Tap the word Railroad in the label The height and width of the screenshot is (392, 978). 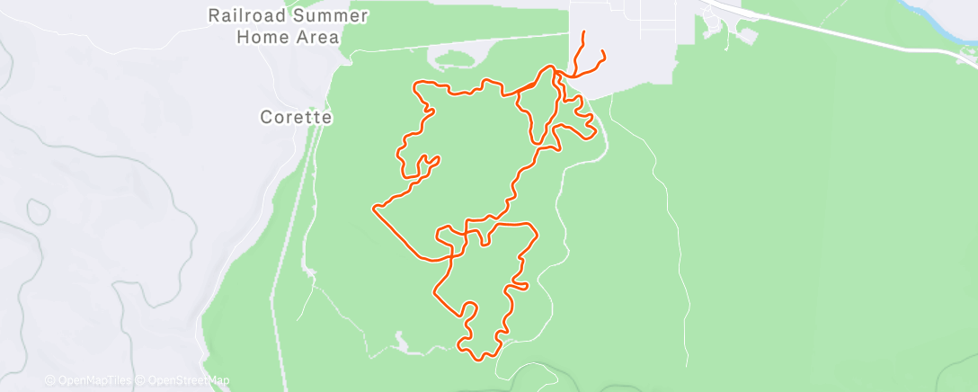click(248, 15)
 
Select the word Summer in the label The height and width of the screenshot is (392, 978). click(309, 15)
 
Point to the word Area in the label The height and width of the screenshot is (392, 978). click(318, 38)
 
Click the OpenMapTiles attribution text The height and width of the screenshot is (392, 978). click(88, 380)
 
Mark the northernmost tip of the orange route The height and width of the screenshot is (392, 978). click(585, 32)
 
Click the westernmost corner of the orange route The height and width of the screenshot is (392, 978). click(373, 209)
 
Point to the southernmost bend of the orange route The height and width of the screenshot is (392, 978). click(481, 359)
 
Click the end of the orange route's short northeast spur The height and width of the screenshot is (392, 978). click(601, 51)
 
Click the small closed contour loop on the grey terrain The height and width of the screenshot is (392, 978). click(38, 211)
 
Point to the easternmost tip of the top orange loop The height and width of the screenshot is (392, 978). click(596, 134)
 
